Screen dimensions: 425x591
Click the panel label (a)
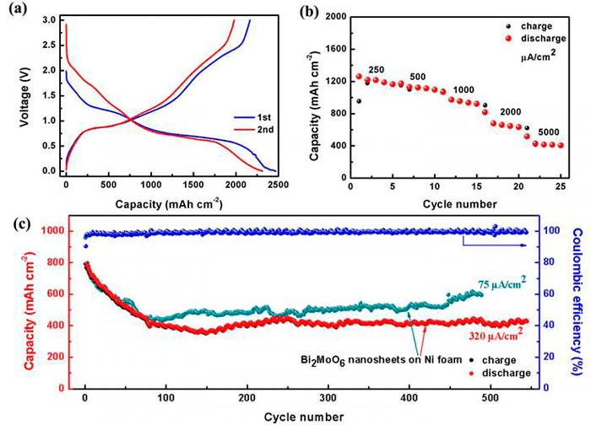(16, 10)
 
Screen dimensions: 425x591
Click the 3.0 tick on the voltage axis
(47, 19)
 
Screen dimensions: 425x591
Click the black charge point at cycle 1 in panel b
(359, 101)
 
